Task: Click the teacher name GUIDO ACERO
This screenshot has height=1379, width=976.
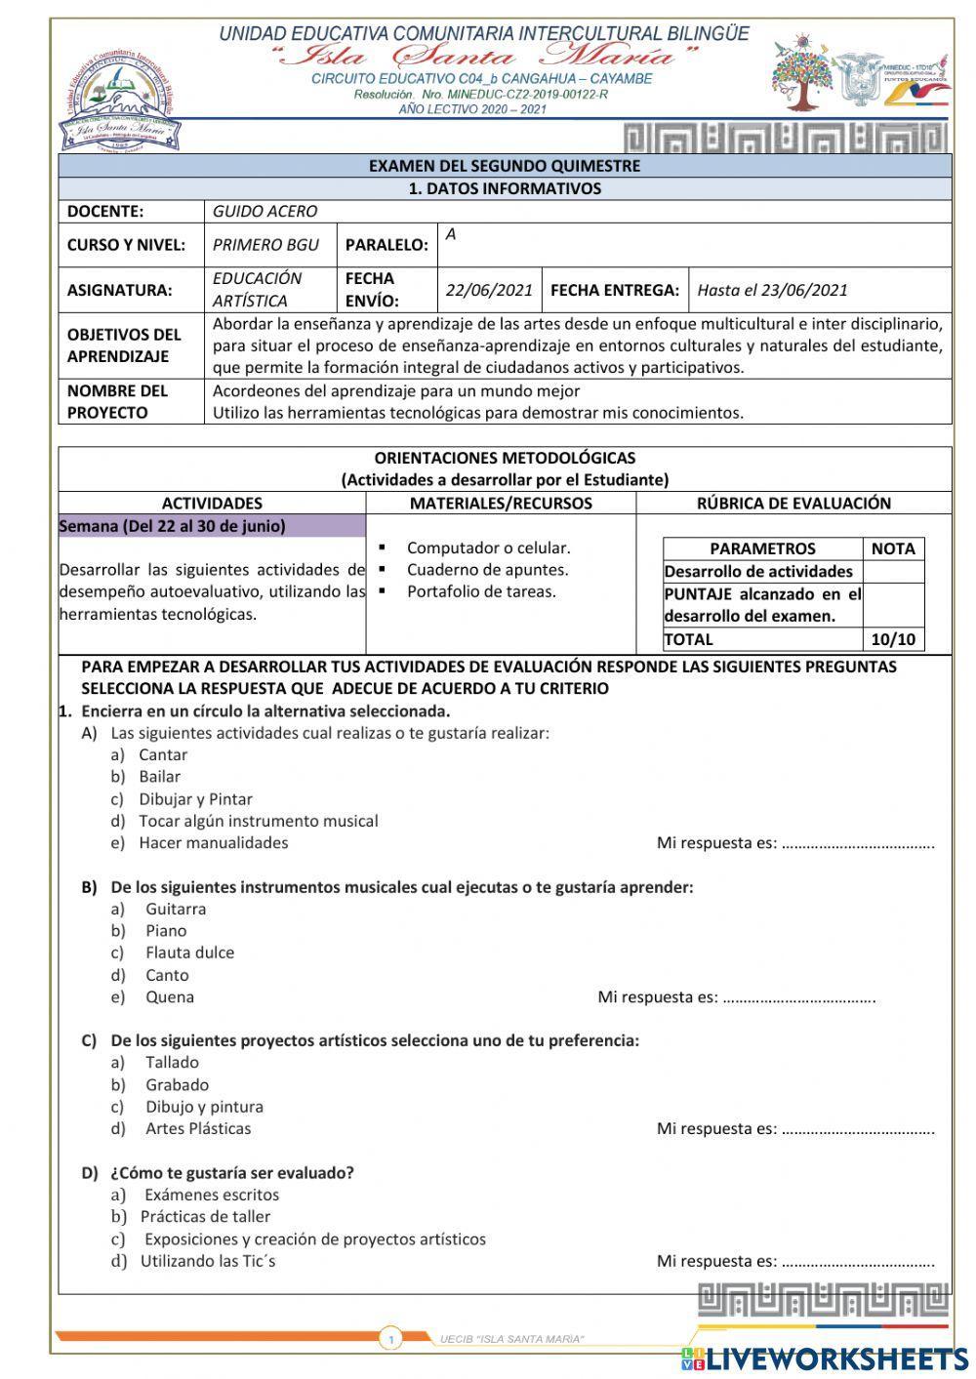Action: click(264, 211)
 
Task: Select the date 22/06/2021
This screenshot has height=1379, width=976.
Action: click(489, 290)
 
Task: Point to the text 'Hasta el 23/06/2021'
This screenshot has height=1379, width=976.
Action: click(772, 290)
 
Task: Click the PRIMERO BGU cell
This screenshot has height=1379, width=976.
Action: click(265, 244)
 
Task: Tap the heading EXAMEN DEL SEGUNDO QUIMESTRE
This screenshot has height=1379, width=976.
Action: click(505, 166)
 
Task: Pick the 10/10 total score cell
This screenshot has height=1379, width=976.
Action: click(893, 639)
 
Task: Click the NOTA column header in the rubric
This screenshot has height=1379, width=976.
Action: click(893, 548)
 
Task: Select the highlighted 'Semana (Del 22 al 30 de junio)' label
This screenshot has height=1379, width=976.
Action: click(173, 526)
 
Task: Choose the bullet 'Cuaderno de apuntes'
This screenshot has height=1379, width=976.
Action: click(487, 570)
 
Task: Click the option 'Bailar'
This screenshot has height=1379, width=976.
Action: click(159, 777)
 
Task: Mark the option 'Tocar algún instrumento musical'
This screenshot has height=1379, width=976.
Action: click(258, 821)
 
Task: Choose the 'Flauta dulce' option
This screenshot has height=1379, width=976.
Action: click(189, 953)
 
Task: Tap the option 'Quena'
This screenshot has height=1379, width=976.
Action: click(170, 996)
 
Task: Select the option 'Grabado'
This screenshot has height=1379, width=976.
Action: click(177, 1084)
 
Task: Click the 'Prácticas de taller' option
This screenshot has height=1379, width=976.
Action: click(205, 1216)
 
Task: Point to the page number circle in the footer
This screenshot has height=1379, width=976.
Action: click(390, 1339)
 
